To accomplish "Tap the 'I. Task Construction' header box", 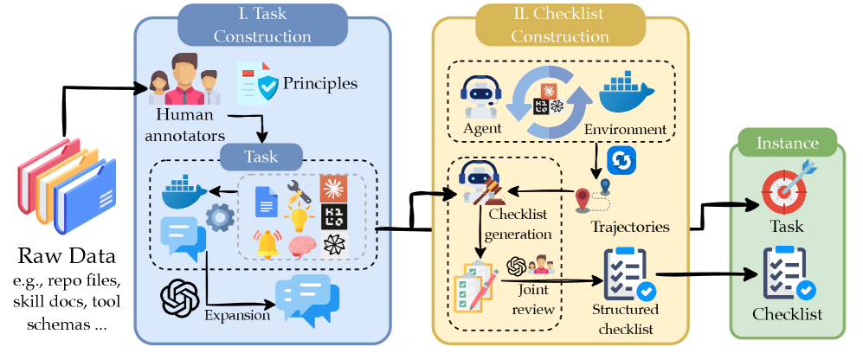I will pyautogui.click(x=262, y=26).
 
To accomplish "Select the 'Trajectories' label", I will pyautogui.click(x=629, y=227).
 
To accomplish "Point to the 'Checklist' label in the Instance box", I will pyautogui.click(x=788, y=314).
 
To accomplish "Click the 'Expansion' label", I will pyautogui.click(x=237, y=315).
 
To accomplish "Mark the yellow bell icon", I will pyautogui.click(x=267, y=245).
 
